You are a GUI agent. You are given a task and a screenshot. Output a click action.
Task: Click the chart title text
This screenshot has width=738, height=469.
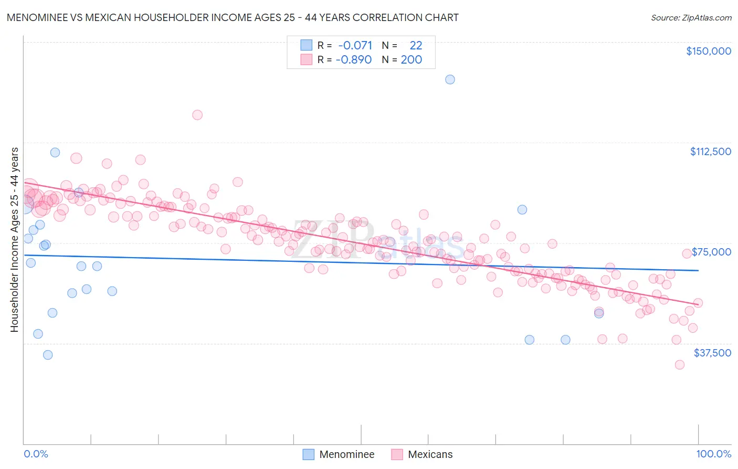(x=233, y=17)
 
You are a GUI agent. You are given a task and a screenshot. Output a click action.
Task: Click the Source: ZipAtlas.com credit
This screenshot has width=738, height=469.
(x=691, y=17)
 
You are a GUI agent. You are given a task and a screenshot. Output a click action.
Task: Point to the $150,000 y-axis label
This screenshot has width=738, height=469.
(x=708, y=51)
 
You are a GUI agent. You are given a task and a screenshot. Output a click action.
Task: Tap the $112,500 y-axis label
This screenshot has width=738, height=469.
(x=710, y=151)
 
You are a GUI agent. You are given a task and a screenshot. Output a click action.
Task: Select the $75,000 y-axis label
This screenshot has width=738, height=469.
(x=711, y=252)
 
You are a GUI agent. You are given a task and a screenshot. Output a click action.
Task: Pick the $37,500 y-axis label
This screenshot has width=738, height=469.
(x=712, y=353)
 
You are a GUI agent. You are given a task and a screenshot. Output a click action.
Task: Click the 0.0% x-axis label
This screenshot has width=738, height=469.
(x=36, y=454)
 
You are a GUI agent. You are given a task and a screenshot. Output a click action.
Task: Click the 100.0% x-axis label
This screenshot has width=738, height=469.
(x=713, y=454)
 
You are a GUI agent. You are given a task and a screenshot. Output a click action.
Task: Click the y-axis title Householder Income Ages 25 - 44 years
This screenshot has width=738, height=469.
(x=14, y=240)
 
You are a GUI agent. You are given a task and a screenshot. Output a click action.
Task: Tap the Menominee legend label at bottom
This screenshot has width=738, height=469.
(x=346, y=454)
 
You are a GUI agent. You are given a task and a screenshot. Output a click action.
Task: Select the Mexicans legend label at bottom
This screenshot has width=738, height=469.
(x=430, y=454)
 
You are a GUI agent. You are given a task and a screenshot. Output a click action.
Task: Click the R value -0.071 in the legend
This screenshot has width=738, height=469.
(x=355, y=46)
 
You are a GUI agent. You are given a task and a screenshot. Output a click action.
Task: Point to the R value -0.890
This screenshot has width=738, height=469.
(x=354, y=60)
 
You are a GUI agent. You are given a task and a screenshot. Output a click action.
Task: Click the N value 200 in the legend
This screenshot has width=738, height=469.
(x=411, y=60)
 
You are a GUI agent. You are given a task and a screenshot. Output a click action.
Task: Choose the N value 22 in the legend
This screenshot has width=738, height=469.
(x=416, y=46)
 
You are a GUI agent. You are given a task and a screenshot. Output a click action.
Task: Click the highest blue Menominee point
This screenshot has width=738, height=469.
(x=450, y=79)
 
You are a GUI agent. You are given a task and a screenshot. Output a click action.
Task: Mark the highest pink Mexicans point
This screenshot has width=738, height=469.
(x=197, y=115)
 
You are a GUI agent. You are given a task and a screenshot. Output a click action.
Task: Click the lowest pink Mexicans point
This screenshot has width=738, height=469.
(x=679, y=364)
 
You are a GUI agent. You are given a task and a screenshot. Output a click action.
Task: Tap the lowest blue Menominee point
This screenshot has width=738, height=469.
(x=48, y=355)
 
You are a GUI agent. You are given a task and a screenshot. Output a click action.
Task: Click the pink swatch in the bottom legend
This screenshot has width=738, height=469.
(x=396, y=454)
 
